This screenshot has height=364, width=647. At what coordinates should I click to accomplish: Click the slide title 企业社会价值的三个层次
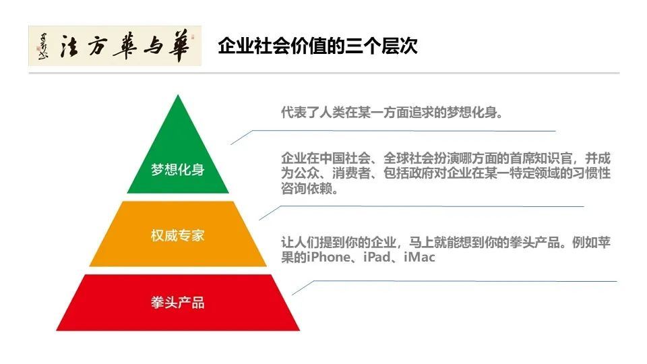point(317,47)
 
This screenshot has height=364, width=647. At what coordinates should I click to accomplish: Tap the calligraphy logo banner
point(115,46)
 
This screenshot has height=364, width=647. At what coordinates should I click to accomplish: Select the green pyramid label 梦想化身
point(178,170)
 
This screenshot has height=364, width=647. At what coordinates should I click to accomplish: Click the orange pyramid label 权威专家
point(178,236)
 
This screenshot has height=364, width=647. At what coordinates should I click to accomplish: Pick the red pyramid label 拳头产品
point(178,302)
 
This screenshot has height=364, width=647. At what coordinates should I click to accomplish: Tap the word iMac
point(420,257)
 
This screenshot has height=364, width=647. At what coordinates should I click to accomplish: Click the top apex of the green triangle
point(178,97)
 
